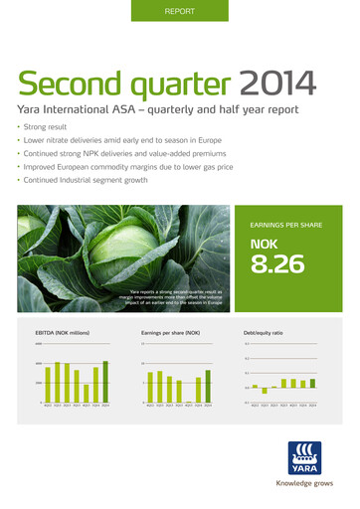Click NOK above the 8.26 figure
click(x=267, y=244)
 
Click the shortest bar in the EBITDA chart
click(x=87, y=393)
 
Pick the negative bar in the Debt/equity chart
click(x=265, y=391)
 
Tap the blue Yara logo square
click(x=302, y=456)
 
